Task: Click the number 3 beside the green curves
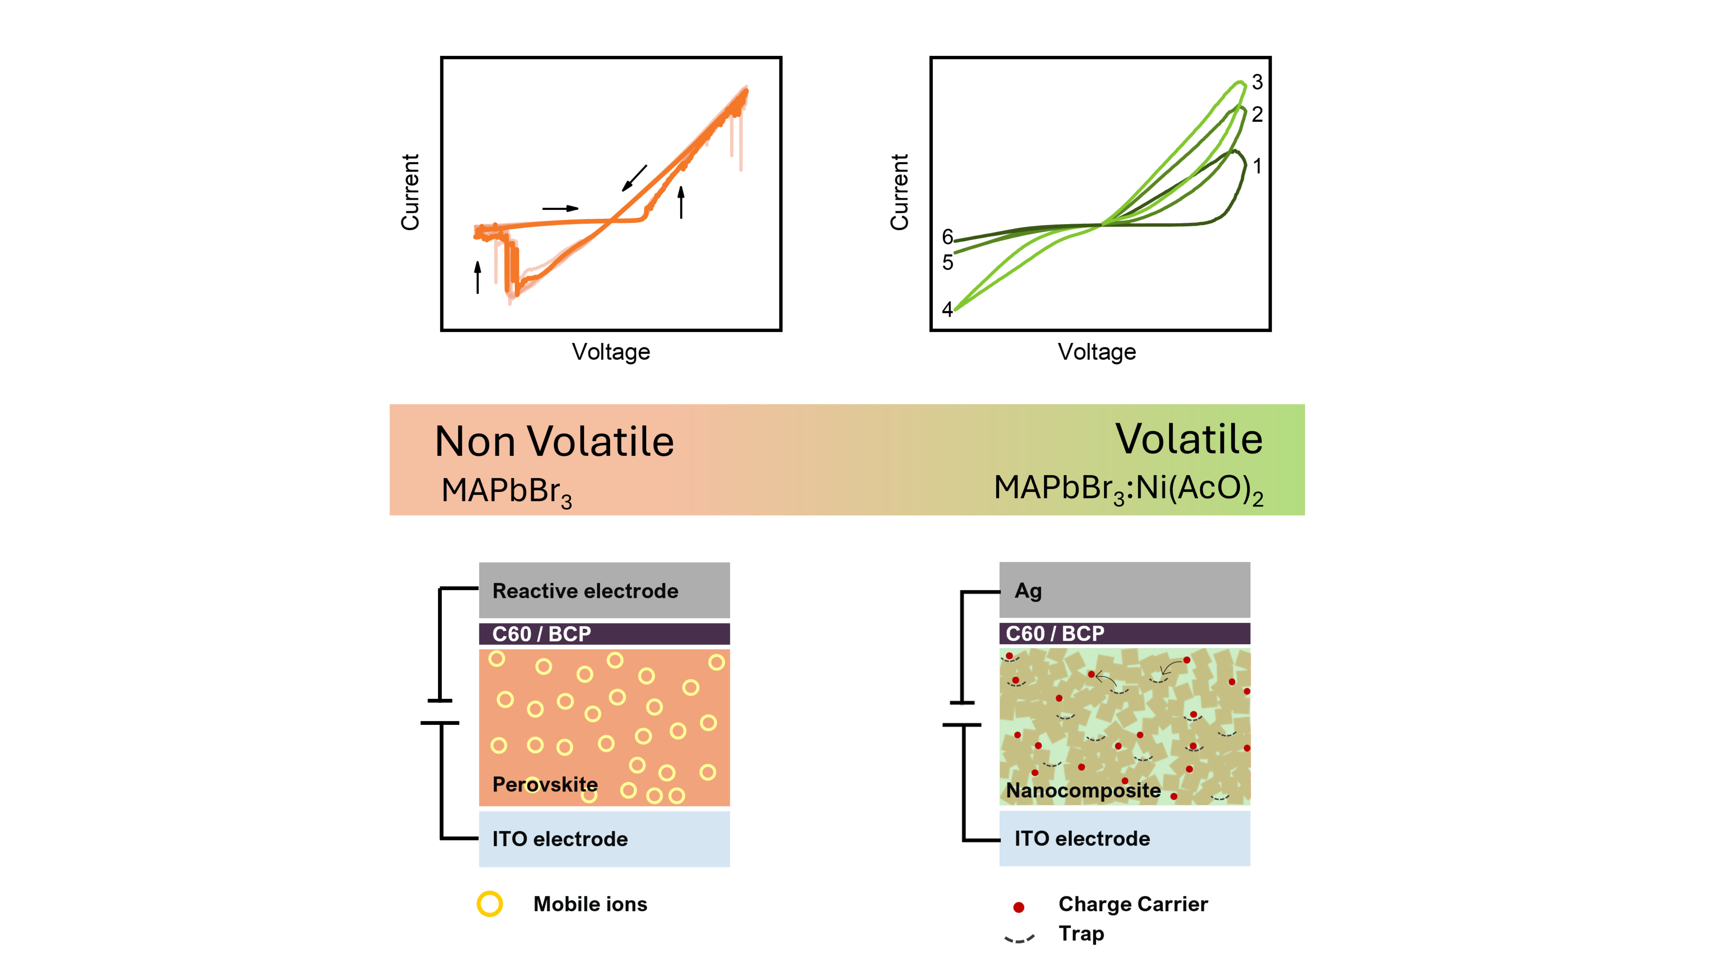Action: (1257, 82)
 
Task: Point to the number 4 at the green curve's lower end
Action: (947, 309)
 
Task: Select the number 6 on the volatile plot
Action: (947, 237)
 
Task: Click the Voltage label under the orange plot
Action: (611, 352)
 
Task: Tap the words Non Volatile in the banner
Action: (554, 442)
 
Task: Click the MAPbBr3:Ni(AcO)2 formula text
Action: (1128, 489)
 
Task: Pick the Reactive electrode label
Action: (585, 591)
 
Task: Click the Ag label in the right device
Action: (1028, 591)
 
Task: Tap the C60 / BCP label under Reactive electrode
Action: (542, 634)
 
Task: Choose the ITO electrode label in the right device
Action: (1082, 838)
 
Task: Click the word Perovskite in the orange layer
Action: (545, 784)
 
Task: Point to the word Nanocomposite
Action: (1084, 791)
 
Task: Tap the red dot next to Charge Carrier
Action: (1019, 907)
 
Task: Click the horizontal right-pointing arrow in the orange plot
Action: (561, 209)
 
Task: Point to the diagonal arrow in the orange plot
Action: (635, 178)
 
